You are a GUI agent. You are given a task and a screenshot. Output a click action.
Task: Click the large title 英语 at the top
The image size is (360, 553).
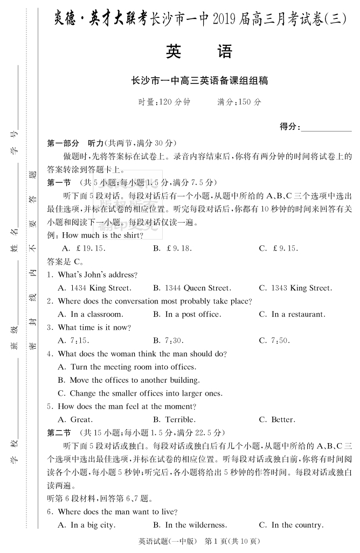click(x=199, y=52)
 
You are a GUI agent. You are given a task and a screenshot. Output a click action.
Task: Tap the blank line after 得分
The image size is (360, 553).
click(x=326, y=128)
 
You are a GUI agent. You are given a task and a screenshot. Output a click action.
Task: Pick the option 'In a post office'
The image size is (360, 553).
click(x=186, y=314)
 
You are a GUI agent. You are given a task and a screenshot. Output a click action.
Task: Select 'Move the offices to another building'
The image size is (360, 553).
click(x=128, y=380)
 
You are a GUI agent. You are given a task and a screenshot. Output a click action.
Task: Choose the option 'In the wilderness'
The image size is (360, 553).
click(x=190, y=525)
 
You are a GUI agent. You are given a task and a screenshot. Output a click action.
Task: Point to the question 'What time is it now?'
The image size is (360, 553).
click(x=94, y=328)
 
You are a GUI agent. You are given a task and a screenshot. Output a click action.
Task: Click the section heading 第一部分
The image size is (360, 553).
click(x=64, y=143)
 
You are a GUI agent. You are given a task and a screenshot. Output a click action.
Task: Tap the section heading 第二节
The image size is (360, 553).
click(x=59, y=433)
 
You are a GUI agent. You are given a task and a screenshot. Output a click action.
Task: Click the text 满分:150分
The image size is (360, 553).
click(x=239, y=102)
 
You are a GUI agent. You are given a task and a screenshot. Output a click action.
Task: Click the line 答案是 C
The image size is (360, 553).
click(x=65, y=261)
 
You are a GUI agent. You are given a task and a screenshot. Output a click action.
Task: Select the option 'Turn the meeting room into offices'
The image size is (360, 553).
click(x=127, y=367)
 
